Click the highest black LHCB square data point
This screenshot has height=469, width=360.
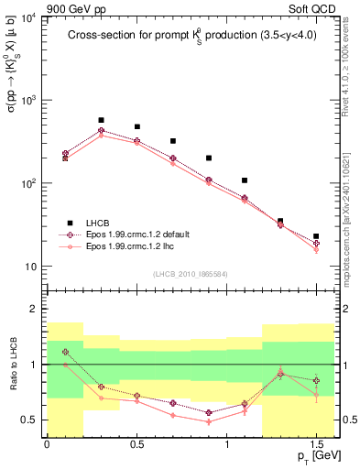(x=101, y=120)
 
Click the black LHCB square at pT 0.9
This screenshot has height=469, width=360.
(x=209, y=158)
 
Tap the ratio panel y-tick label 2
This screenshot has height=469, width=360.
(x=33, y=310)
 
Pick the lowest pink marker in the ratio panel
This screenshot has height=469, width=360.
(x=209, y=421)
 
